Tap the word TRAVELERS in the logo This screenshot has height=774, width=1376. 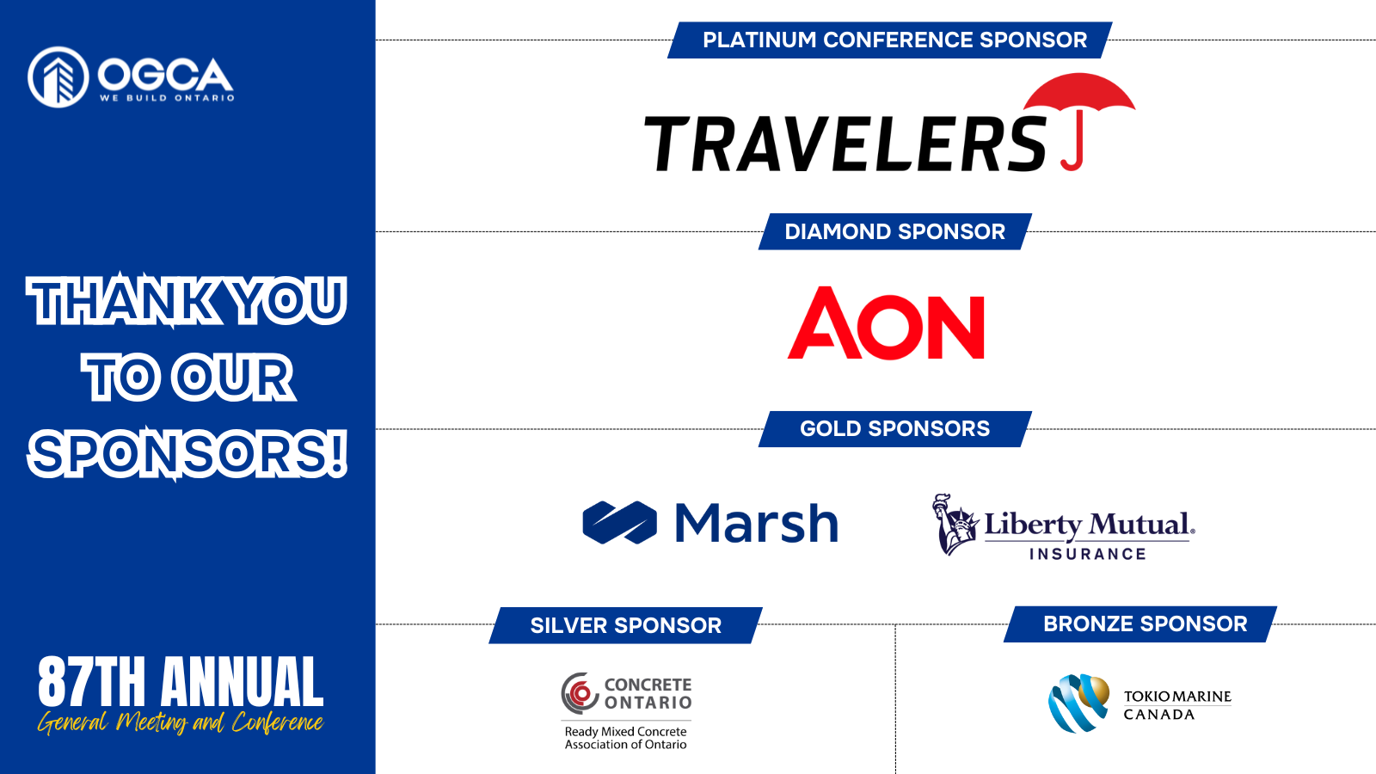(x=845, y=144)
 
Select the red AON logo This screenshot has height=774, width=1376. (x=886, y=323)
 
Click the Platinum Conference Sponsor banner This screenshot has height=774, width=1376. (x=889, y=40)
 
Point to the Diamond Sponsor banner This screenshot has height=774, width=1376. (x=895, y=231)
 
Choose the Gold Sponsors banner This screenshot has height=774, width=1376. (x=895, y=429)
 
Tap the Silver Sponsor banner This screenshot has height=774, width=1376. (x=625, y=625)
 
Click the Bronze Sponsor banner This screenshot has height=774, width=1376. (x=1140, y=624)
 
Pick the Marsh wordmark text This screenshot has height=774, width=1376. (x=756, y=524)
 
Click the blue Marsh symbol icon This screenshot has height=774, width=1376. (x=619, y=523)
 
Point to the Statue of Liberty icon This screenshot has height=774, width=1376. (x=955, y=524)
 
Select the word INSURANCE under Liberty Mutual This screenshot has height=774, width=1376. (x=1088, y=554)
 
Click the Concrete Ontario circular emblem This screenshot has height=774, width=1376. (x=580, y=693)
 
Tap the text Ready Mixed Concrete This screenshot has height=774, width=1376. (x=625, y=732)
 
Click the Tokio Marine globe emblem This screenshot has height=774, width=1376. (x=1078, y=703)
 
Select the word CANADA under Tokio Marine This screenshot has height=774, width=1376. (x=1159, y=715)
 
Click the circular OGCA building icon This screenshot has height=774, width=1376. (x=58, y=77)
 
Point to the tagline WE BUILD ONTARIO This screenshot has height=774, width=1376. (x=167, y=98)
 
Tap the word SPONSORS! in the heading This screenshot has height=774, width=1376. (x=188, y=455)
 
